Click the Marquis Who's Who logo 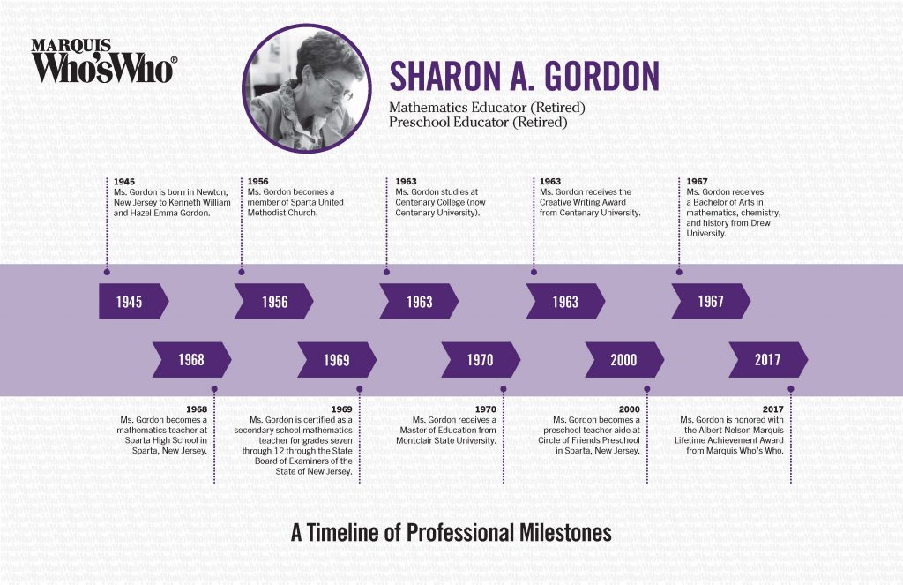click(x=104, y=61)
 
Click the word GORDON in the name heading click(x=602, y=77)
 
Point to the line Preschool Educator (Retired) click(x=478, y=123)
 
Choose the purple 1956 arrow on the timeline click(x=273, y=302)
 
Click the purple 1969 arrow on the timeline click(x=336, y=360)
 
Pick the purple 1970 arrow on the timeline click(x=481, y=360)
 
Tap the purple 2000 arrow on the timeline click(x=623, y=360)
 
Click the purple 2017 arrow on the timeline click(x=767, y=360)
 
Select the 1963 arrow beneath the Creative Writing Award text click(x=564, y=302)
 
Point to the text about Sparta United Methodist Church click(x=295, y=202)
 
